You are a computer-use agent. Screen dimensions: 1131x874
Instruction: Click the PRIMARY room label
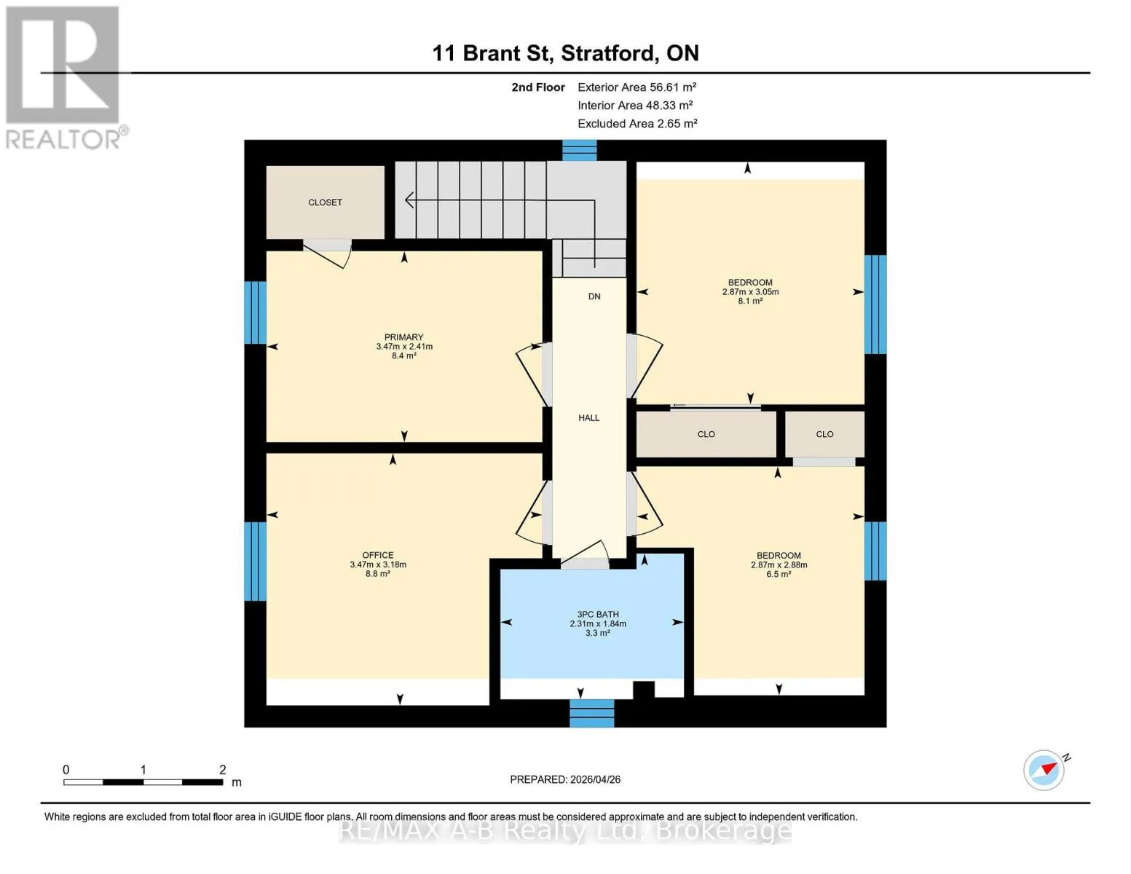[x=403, y=336]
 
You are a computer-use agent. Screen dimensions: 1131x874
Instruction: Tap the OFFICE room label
[x=378, y=555]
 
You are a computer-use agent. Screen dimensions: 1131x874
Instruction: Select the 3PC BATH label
[x=597, y=614]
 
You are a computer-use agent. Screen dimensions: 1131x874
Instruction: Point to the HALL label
[x=588, y=417]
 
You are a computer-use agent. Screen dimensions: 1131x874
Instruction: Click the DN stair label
[x=594, y=296]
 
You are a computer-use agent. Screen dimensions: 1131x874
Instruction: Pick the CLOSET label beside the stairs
[x=325, y=202]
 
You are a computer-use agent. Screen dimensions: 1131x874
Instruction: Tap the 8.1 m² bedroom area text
[x=750, y=301]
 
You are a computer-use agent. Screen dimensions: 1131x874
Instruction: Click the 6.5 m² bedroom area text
[x=779, y=574]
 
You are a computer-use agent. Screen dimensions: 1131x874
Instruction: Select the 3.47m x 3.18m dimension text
[x=378, y=564]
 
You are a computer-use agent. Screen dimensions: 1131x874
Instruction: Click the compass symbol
[x=1044, y=770]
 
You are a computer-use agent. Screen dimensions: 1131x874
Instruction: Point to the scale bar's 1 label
[x=143, y=769]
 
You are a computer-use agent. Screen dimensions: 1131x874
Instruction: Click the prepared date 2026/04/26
[x=596, y=779]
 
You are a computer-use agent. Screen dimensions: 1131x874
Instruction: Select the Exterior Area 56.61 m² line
[x=637, y=87]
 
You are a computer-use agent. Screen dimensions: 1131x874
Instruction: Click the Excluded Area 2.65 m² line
[x=637, y=123]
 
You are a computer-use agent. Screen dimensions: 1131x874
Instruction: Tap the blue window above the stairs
[x=579, y=151]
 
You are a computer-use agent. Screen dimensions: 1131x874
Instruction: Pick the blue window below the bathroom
[x=592, y=713]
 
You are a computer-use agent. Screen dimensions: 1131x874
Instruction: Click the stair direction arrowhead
[x=409, y=200]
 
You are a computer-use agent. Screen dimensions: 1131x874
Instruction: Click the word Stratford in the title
[x=607, y=53]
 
